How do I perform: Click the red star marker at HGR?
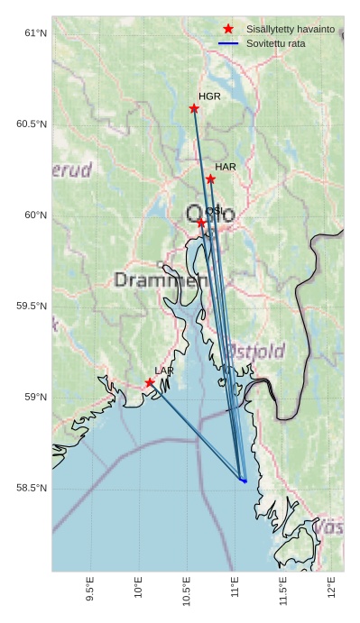pos(194,108)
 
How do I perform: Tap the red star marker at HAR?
pos(210,179)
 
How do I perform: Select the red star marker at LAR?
pos(150,382)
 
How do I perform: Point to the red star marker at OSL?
pos(201,222)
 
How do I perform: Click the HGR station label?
pos(209,96)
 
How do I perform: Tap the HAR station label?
pos(226,167)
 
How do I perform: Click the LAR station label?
pos(164,371)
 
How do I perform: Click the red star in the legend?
pos(228,29)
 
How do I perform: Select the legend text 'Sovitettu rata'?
pos(276,43)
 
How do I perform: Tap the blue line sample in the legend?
pos(228,43)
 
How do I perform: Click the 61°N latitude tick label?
pos(35,33)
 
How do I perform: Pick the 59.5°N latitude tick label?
pos(32,307)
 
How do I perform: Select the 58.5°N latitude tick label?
pos(32,489)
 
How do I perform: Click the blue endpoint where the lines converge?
pos(244,481)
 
